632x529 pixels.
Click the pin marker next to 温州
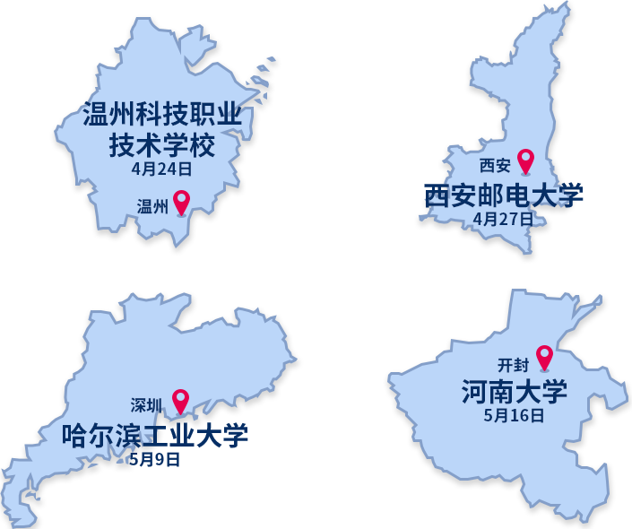pyautogui.click(x=181, y=202)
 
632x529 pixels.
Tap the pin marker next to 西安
pyautogui.click(x=525, y=160)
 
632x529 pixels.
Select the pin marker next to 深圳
pyautogui.click(x=180, y=401)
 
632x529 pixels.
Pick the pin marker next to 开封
pyautogui.click(x=544, y=357)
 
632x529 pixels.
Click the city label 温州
pyautogui.click(x=152, y=207)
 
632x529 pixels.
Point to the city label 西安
pyautogui.click(x=495, y=166)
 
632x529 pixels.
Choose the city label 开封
pyautogui.click(x=514, y=365)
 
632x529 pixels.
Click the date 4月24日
pyautogui.click(x=162, y=169)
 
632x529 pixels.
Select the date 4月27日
pyautogui.click(x=503, y=219)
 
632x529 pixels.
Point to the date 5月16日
pyautogui.click(x=514, y=415)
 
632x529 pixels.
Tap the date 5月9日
pyautogui.click(x=154, y=459)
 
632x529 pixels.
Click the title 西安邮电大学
pyautogui.click(x=503, y=195)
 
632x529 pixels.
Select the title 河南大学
pyautogui.click(x=514, y=391)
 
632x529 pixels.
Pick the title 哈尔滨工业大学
pyautogui.click(x=154, y=435)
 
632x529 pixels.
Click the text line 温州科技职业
pyautogui.click(x=162, y=115)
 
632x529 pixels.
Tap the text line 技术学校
pyautogui.click(x=162, y=143)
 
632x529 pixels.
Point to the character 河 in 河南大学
pyautogui.click(x=474, y=391)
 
